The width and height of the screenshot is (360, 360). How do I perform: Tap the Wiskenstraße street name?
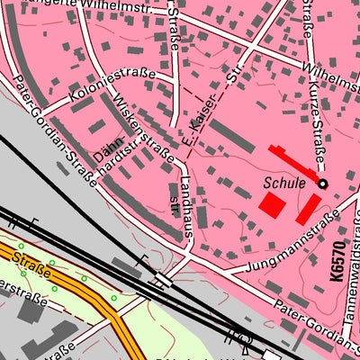point(145,130)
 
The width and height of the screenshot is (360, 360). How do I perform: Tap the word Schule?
point(284,182)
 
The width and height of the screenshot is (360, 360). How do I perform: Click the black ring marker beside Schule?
point(322,184)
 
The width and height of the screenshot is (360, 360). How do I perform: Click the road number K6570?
point(339,251)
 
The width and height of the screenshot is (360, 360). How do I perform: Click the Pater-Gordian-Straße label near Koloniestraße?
point(54,126)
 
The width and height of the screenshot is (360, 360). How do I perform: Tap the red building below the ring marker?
point(307,208)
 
